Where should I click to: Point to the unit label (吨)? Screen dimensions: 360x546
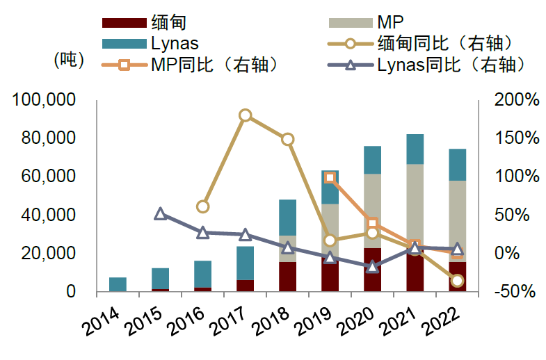69,60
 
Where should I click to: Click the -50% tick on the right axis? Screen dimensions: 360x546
515,292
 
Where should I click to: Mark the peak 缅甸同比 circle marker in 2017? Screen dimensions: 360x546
246,115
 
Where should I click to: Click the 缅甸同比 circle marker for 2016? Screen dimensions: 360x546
202,206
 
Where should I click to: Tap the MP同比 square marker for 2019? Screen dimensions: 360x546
330,178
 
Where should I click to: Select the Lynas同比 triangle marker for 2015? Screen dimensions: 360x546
160,214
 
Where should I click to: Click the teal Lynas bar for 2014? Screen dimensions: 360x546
118,284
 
